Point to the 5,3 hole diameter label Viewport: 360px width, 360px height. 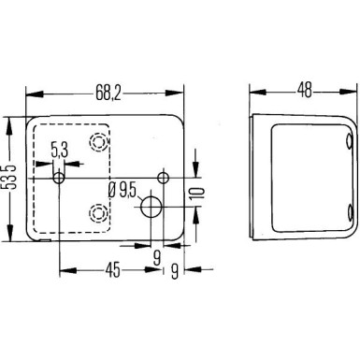pyautogui.click(x=59, y=149)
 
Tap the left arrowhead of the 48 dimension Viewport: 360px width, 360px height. pyautogui.click(x=253, y=94)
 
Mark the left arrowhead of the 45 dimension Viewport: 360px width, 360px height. pyautogui.click(x=64, y=272)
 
